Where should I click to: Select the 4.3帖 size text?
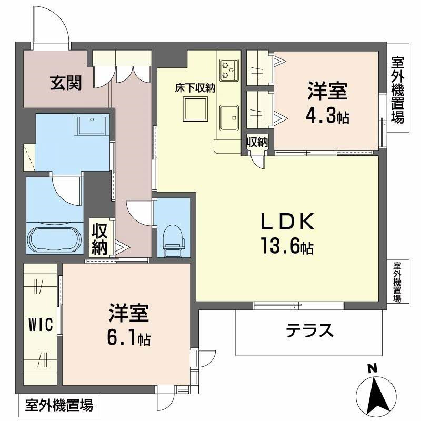(327, 116)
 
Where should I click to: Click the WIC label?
(40, 325)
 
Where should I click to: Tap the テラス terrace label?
(310, 330)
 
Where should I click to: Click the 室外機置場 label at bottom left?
(59, 406)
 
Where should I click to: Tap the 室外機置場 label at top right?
(398, 90)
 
